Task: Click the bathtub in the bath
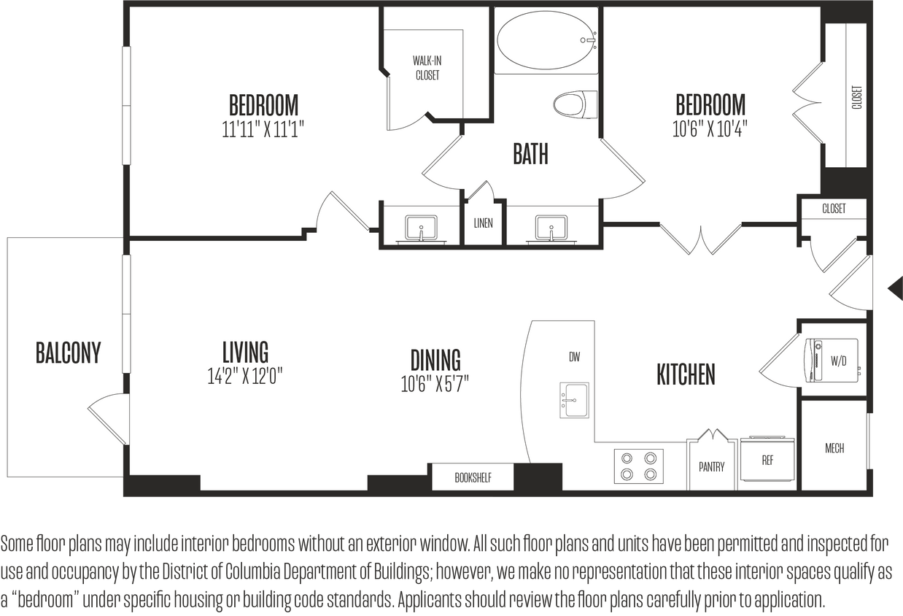[546, 41]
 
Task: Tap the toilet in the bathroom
[575, 104]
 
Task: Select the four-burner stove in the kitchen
[638, 466]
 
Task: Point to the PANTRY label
[711, 467]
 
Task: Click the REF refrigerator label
[767, 461]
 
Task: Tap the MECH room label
[834, 448]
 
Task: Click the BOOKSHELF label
[473, 478]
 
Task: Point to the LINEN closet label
[483, 223]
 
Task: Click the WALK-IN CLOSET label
[427, 68]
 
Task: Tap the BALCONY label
[68, 353]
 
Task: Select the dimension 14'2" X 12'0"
[245, 377]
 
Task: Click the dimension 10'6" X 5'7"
[435, 384]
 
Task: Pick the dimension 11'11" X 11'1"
[263, 129]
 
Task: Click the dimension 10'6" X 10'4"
[710, 129]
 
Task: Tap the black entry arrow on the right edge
[894, 287]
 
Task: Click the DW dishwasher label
[574, 357]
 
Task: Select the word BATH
[530, 155]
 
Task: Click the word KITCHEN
[686, 374]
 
